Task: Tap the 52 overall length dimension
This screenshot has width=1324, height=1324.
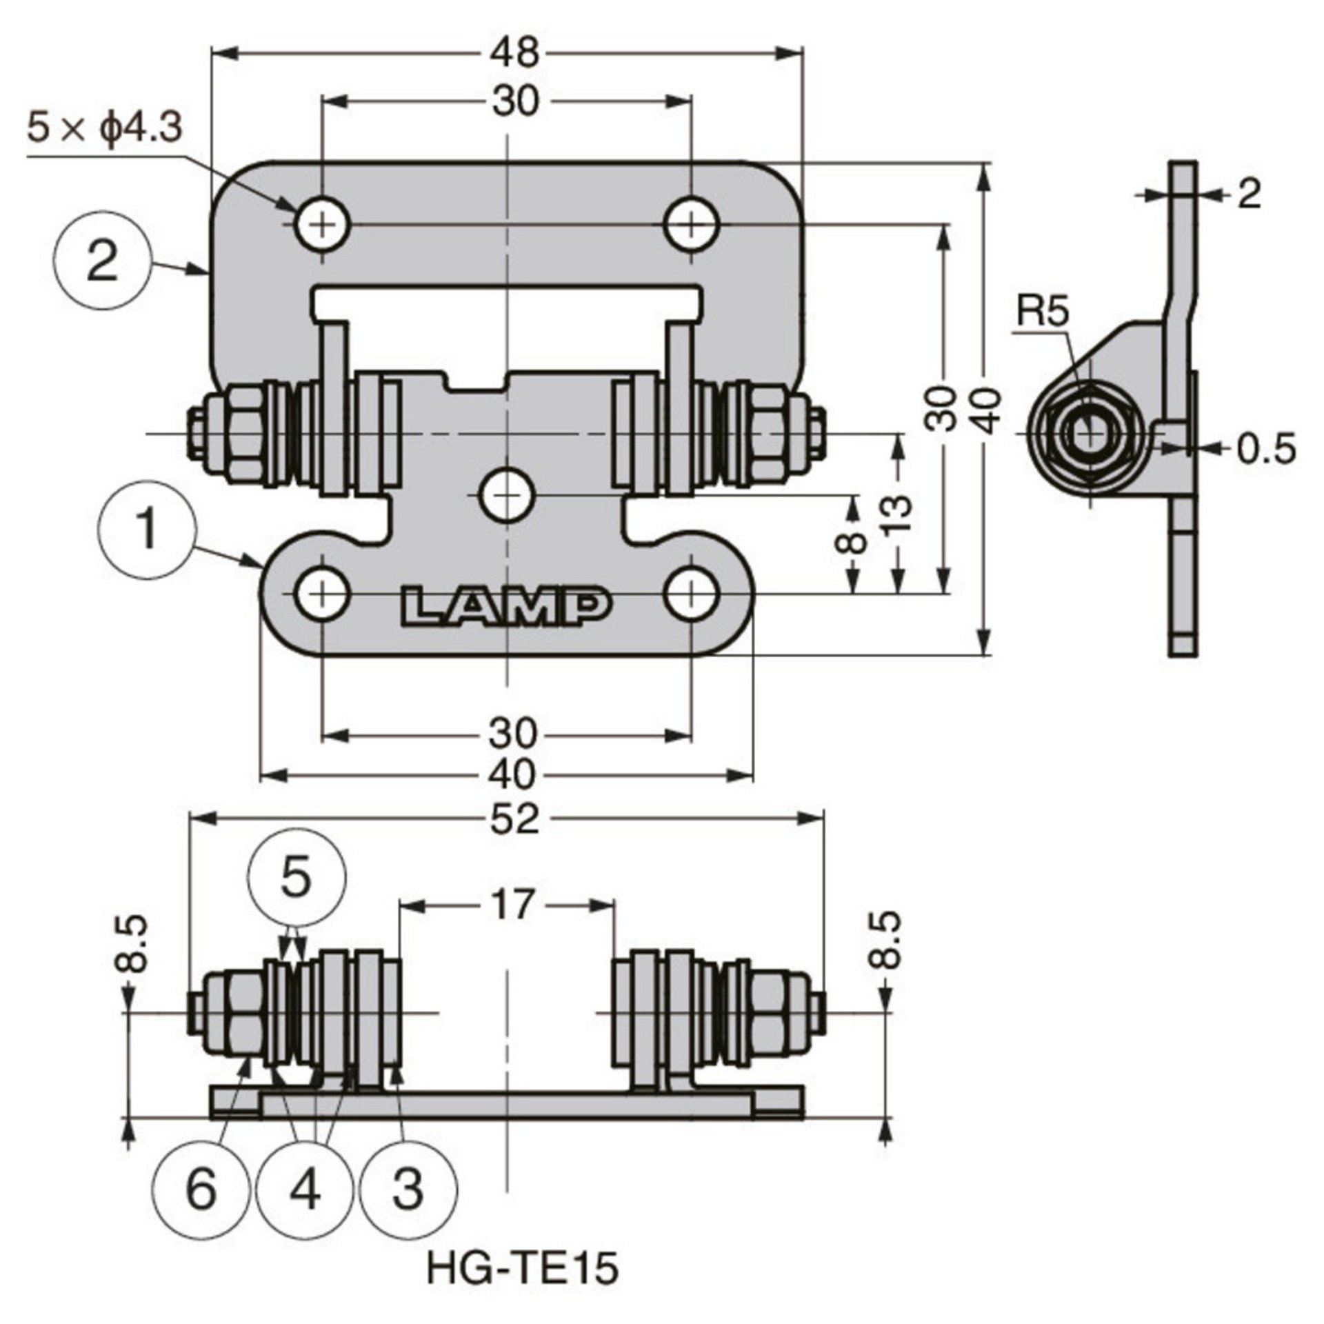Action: coord(516,819)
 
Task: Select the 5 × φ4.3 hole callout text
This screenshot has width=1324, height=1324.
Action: coord(105,128)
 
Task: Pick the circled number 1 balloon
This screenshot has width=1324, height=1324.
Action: coord(148,530)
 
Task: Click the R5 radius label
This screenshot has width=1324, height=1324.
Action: coord(1042,312)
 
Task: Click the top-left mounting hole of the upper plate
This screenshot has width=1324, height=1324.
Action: coord(323,224)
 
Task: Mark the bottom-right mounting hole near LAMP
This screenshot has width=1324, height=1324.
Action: coord(691,592)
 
